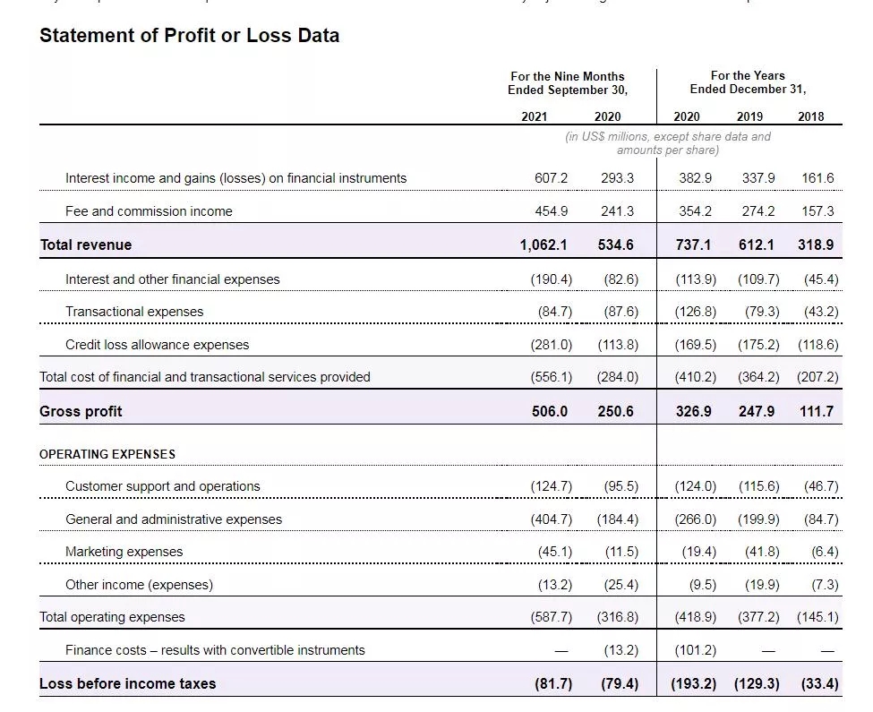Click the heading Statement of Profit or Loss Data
pyautogui.click(x=189, y=36)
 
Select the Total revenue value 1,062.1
pyautogui.click(x=543, y=244)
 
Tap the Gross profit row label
pyautogui.click(x=81, y=411)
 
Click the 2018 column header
pyautogui.click(x=810, y=116)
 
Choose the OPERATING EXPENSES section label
pyautogui.click(x=107, y=454)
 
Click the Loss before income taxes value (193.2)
pyautogui.click(x=695, y=683)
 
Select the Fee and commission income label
pyautogui.click(x=149, y=211)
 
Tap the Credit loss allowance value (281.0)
pyautogui.click(x=551, y=345)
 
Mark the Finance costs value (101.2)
pyautogui.click(x=696, y=650)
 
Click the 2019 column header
pyautogui.click(x=749, y=116)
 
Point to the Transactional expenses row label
pyautogui.click(x=134, y=312)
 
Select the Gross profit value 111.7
pyautogui.click(x=816, y=411)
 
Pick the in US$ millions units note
pyautogui.click(x=668, y=143)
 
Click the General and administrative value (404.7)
pyautogui.click(x=551, y=519)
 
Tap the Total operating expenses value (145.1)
pyautogui.click(x=817, y=617)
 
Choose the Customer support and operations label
pyautogui.click(x=163, y=486)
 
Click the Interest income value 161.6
pyautogui.click(x=817, y=178)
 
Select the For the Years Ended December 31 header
pyautogui.click(x=748, y=82)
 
